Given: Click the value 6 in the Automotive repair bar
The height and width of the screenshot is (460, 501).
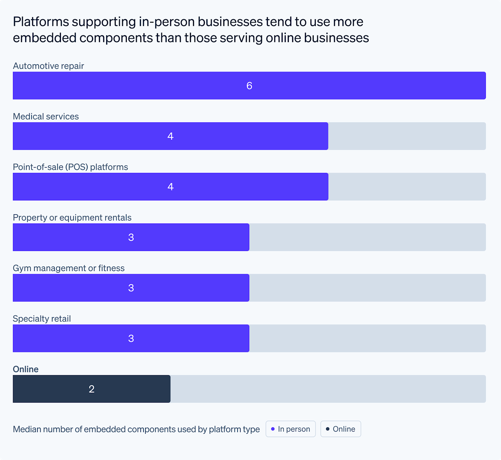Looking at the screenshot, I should coord(249,86).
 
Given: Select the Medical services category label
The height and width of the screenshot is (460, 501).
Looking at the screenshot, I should coord(46,116).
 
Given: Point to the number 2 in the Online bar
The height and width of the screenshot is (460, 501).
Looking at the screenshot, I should coord(92,389).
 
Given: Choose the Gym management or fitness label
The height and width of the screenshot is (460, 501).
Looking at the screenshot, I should coord(69,268).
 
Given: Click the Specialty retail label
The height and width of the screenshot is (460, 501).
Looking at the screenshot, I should coord(42,319).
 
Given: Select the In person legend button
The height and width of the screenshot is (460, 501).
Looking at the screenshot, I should coord(290,429).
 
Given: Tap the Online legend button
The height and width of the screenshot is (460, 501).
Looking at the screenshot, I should coord(340,429).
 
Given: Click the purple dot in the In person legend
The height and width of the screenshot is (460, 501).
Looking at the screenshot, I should coord(273,429).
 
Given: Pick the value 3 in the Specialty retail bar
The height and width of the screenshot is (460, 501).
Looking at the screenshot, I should coord(131,338).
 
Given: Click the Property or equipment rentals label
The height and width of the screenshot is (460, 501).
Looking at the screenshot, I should coord(72,217).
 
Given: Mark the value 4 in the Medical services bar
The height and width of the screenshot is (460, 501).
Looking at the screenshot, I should coord(170,136).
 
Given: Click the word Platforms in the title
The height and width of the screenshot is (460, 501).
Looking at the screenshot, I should coord(41,22).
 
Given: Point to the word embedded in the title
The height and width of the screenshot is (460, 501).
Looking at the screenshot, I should coord(44,38).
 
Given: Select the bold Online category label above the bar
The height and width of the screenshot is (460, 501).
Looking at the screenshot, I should coord(26,369).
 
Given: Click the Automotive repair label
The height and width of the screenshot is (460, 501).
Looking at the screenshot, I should coord(49,66).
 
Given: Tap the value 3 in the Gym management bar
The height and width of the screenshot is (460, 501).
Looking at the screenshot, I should coord(131,288).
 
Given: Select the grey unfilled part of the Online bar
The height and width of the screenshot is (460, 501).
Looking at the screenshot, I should coord(328,389).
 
